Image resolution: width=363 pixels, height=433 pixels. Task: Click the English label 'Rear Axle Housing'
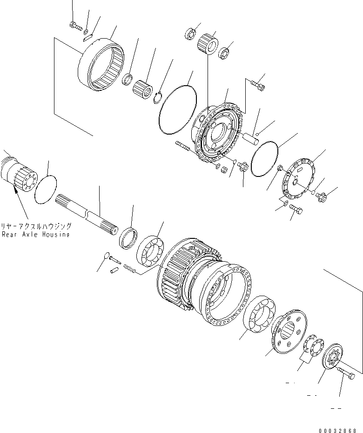click(x=36, y=235)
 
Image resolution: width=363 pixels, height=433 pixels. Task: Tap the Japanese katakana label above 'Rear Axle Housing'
click(x=36, y=226)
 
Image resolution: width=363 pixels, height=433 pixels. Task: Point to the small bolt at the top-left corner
click(x=74, y=25)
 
